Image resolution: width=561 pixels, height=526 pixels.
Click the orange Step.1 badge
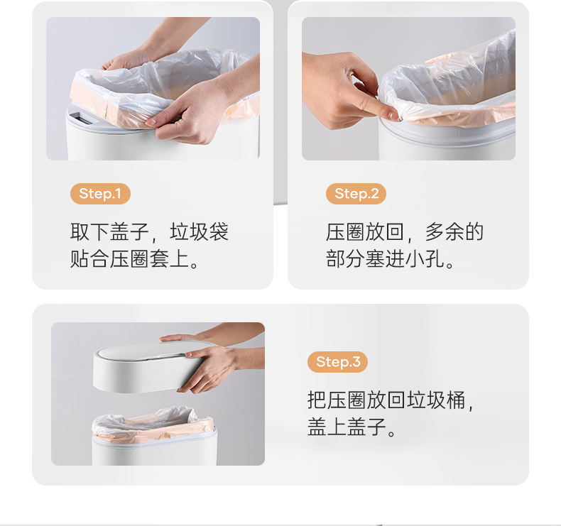100,194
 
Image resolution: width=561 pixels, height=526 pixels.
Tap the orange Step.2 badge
356,194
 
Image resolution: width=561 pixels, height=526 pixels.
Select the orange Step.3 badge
337,362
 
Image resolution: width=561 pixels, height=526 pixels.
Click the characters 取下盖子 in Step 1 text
109,231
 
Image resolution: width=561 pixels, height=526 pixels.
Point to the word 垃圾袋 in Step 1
199,231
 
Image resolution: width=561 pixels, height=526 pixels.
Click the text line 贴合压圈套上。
134,259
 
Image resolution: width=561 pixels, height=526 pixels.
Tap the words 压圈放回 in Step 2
365,231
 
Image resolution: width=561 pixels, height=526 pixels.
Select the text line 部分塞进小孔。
390,259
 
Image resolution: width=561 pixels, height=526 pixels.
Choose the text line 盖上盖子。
352,427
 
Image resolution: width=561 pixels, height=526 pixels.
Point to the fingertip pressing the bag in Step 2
391,114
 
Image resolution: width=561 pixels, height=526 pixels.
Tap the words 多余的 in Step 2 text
454,231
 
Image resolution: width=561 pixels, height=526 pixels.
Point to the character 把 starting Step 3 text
317,400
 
